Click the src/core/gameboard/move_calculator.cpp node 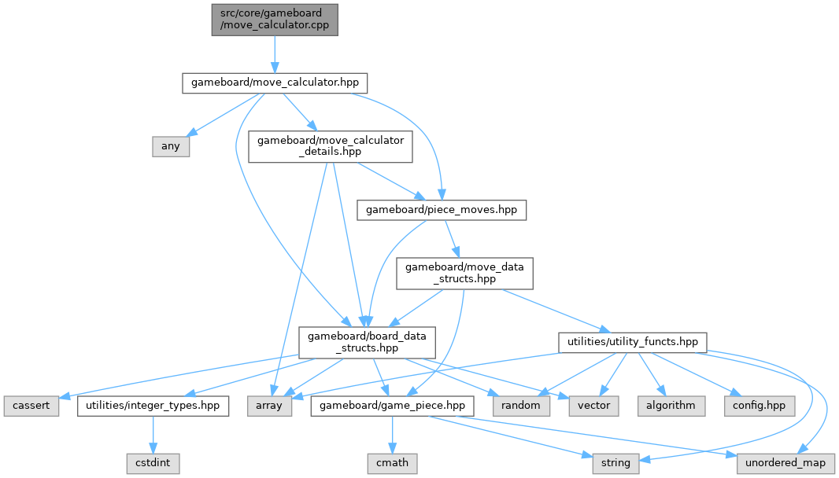click(274, 19)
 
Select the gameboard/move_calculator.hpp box click(275, 83)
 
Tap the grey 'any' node click(171, 146)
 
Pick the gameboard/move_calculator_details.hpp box click(331, 146)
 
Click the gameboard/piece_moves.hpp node click(442, 210)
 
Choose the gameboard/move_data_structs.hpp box click(464, 274)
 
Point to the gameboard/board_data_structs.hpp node click(367, 342)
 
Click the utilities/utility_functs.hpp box click(632, 342)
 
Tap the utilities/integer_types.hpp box click(153, 406)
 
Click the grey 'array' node click(269, 406)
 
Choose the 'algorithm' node click(671, 406)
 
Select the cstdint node click(153, 463)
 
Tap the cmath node click(392, 463)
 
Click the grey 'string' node click(615, 463)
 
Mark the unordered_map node click(785, 463)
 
